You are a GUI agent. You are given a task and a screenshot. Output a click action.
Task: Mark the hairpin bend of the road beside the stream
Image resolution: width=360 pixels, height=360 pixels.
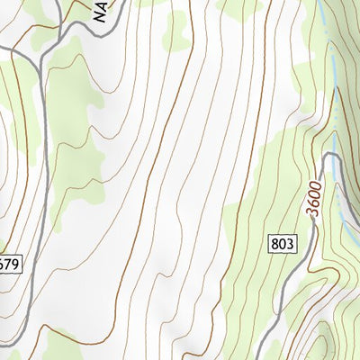point(331,157)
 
